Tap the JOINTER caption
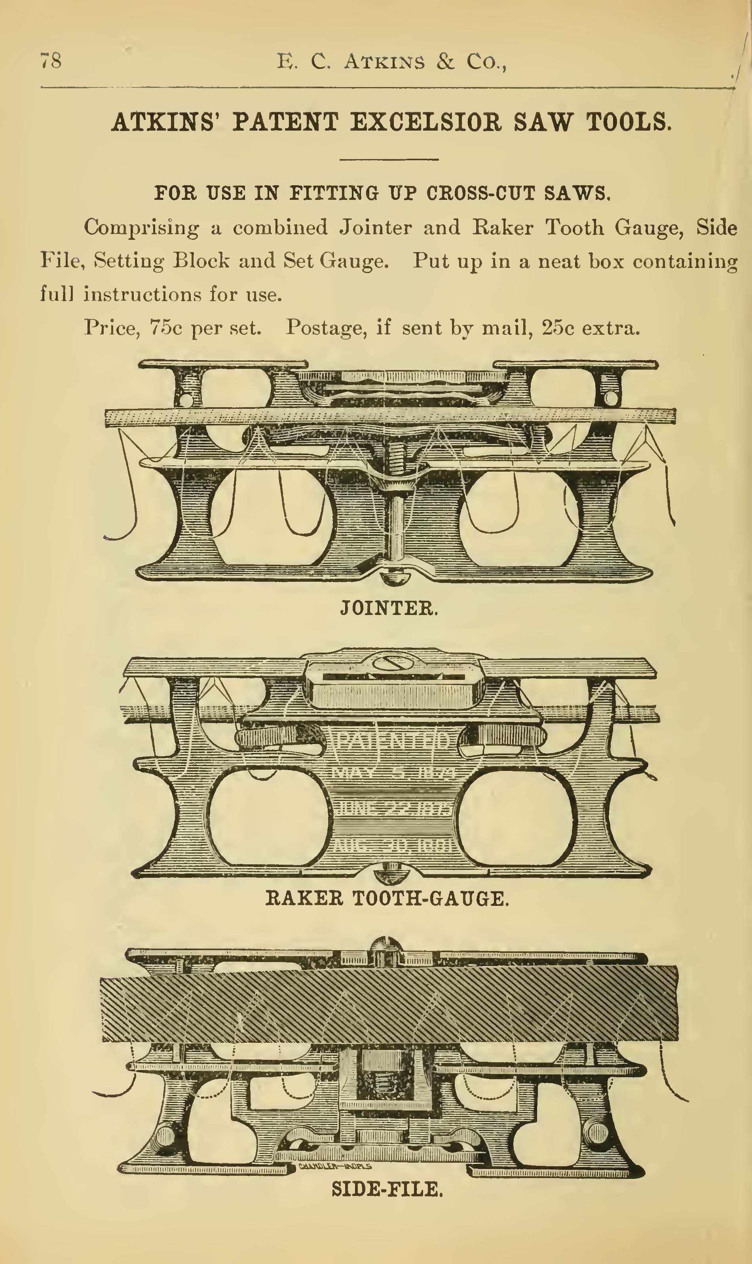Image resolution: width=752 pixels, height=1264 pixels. pyautogui.click(x=388, y=607)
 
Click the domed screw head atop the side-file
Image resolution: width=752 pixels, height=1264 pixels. pyautogui.click(x=385, y=944)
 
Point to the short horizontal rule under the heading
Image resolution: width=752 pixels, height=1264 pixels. pyautogui.click(x=388, y=159)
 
